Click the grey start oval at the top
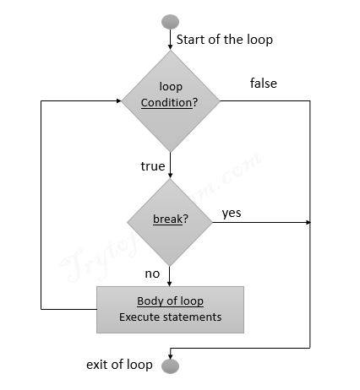(170, 20)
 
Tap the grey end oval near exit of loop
(170, 365)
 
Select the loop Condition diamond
(171, 100)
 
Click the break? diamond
(171, 221)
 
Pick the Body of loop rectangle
(170, 310)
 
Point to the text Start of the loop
(224, 40)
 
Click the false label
(263, 84)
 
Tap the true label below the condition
(152, 166)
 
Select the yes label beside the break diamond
(232, 213)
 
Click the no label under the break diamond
(152, 274)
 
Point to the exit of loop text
(119, 365)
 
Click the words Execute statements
(170, 317)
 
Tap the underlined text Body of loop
(170, 301)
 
